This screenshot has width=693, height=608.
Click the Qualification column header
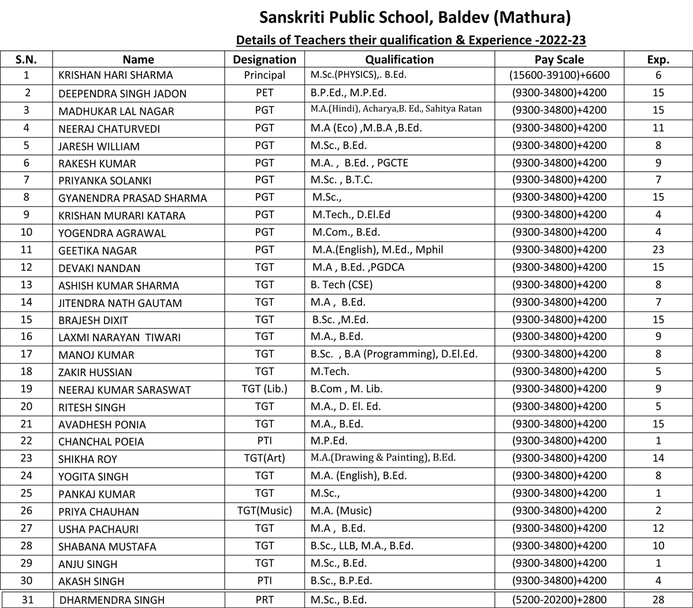pyautogui.click(x=399, y=60)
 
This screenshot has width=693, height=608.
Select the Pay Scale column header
pyautogui.click(x=559, y=60)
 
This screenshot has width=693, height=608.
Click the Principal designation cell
pyautogui.click(x=264, y=75)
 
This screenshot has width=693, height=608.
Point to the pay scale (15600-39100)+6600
pyautogui.click(x=559, y=75)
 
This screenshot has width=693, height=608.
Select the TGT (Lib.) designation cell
pyautogui.click(x=264, y=390)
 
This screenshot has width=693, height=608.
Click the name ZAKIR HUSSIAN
pyautogui.click(x=95, y=372)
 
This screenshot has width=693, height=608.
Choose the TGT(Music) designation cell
pyautogui.click(x=264, y=511)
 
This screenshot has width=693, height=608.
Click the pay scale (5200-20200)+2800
pyautogui.click(x=559, y=600)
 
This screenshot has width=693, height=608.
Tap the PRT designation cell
pyautogui.click(x=264, y=600)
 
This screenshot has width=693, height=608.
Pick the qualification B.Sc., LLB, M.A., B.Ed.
pyautogui.click(x=362, y=546)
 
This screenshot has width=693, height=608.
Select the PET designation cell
pyautogui.click(x=264, y=92)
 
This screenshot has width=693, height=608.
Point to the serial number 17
pyautogui.click(x=27, y=354)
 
